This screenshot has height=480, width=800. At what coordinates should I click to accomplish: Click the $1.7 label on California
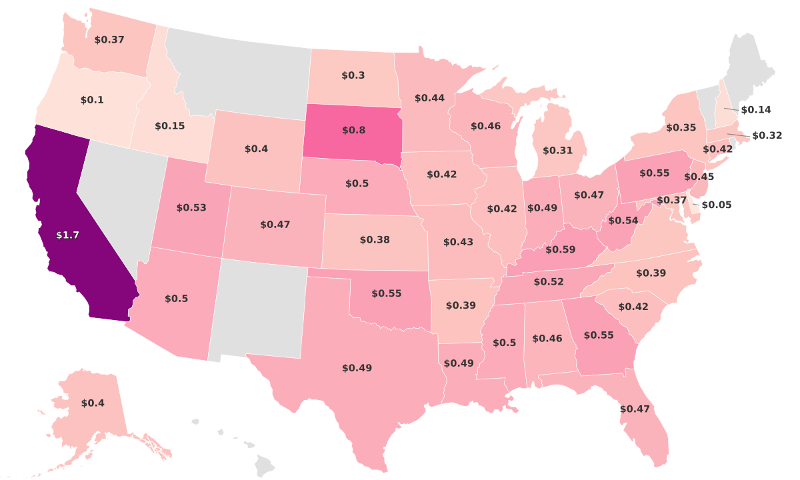point(67,235)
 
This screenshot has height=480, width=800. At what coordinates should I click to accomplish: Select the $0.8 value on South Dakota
point(353,130)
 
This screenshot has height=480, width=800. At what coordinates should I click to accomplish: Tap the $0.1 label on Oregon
point(92,99)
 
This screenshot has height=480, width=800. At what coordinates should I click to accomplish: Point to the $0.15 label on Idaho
point(170,125)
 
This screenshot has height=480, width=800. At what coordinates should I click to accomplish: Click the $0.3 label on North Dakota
point(353,75)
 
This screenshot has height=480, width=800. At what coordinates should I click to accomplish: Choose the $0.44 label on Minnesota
point(429,97)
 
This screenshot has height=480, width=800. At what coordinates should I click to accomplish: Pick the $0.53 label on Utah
point(191,207)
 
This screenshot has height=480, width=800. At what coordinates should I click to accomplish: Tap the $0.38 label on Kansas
point(375,239)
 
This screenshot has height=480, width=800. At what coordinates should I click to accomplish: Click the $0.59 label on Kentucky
point(561,249)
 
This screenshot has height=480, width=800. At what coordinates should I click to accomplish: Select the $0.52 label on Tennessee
point(548,282)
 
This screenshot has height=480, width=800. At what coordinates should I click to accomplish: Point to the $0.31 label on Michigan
point(558,151)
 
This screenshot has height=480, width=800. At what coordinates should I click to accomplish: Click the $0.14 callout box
point(756,109)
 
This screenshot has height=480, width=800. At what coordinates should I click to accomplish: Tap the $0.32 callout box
point(767,135)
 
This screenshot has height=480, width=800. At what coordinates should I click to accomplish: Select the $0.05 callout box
point(717,205)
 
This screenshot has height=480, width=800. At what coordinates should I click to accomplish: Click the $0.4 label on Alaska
point(93,403)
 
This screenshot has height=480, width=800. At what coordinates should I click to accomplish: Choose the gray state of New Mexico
point(260,307)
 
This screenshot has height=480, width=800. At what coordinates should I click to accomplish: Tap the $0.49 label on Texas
point(357,368)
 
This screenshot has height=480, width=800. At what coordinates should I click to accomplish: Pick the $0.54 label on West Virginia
point(623,220)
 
